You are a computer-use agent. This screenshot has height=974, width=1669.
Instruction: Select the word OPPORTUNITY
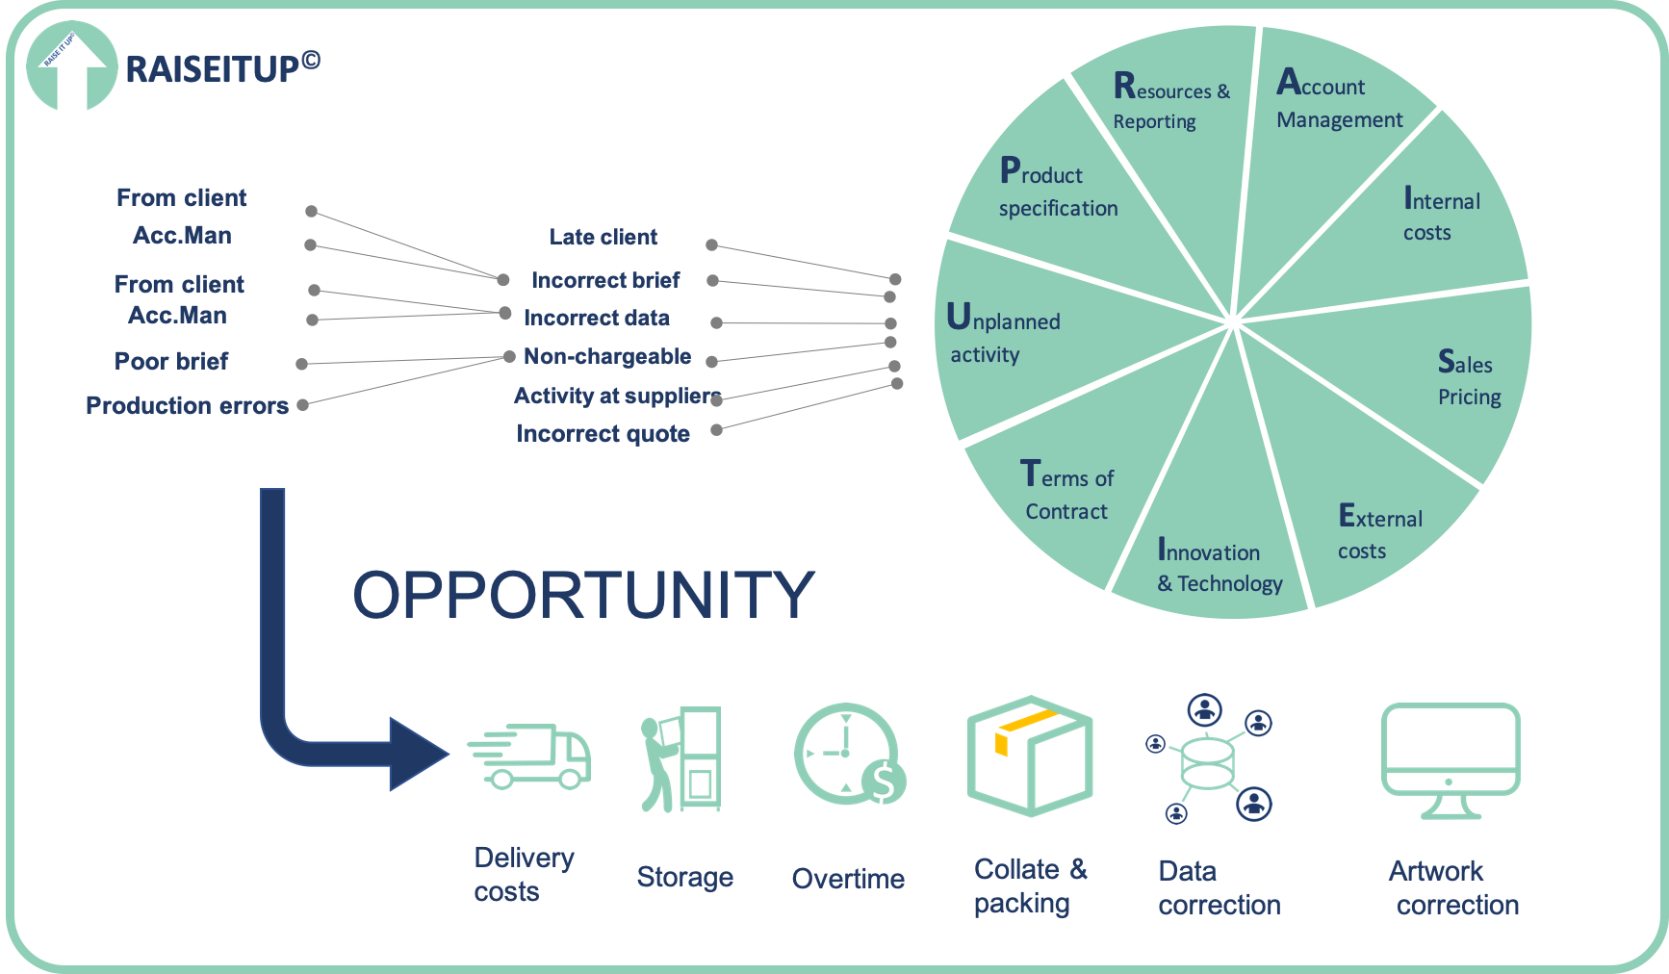pyautogui.click(x=583, y=595)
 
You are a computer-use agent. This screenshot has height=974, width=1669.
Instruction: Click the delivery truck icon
pyautogui.click(x=530, y=756)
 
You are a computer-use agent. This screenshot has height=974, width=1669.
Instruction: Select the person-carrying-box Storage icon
pyautogui.click(x=681, y=759)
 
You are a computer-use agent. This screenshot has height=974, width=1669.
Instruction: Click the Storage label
pyautogui.click(x=684, y=878)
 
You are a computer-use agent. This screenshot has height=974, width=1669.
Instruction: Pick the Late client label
pyautogui.click(x=603, y=237)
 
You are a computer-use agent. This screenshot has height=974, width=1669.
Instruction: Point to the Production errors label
pyautogui.click(x=187, y=405)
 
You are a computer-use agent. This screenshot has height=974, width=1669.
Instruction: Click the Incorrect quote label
pyautogui.click(x=603, y=434)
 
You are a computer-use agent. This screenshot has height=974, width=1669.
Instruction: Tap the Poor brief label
pyautogui.click(x=171, y=361)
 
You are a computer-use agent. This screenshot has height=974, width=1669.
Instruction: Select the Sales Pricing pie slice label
pyautogui.click(x=1467, y=378)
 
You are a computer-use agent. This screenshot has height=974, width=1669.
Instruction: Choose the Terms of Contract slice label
pyautogui.click(x=1066, y=492)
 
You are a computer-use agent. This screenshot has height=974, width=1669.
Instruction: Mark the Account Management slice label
pyautogui.click(x=1338, y=100)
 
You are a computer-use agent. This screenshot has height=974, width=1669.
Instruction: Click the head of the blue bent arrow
pyautogui.click(x=418, y=754)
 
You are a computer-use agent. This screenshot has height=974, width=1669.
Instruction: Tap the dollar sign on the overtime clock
pyautogui.click(x=884, y=782)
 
